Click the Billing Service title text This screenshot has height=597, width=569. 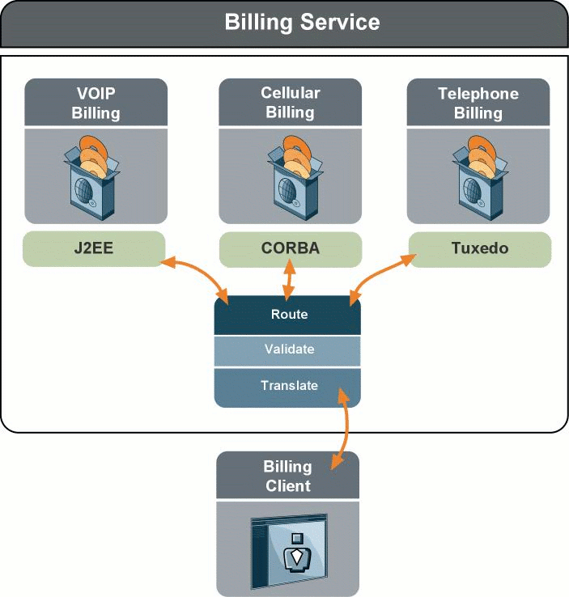[x=301, y=22]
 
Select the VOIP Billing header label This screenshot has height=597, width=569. [x=96, y=103]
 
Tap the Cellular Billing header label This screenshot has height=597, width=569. [x=290, y=102]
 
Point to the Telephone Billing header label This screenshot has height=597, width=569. [x=478, y=103]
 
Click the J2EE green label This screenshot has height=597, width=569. [x=94, y=248]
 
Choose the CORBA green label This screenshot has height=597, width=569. [x=290, y=248]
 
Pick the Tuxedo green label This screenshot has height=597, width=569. [x=479, y=248]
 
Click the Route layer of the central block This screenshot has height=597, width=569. [x=288, y=314]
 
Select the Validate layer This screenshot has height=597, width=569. [x=288, y=349]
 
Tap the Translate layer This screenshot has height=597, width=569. [x=288, y=386]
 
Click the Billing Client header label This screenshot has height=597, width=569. [x=287, y=476]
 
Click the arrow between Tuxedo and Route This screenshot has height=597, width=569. [x=380, y=277]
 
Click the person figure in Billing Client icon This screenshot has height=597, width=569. [x=297, y=553]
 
